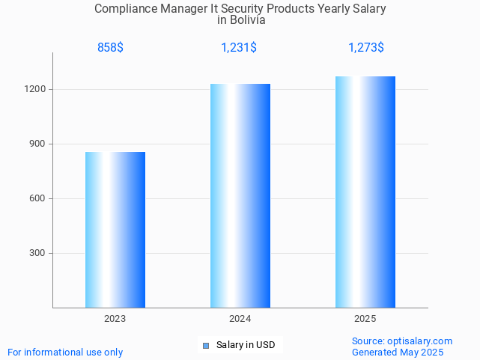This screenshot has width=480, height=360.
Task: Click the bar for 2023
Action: pyautogui.click(x=115, y=230)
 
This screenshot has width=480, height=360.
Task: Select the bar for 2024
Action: pyautogui.click(x=240, y=195)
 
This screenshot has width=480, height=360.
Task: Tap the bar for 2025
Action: pyautogui.click(x=365, y=192)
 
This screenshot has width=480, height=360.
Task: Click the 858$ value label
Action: pyautogui.click(x=110, y=48)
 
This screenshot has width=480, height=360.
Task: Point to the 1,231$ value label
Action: pyautogui.click(x=239, y=48)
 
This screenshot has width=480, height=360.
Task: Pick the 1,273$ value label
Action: pyautogui.click(x=366, y=48)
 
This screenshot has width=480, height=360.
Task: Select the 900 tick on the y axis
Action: pyautogui.click(x=38, y=144)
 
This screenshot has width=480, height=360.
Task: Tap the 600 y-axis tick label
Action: pyautogui.click(x=38, y=198)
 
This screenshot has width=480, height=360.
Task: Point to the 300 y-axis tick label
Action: pyautogui.click(x=38, y=253)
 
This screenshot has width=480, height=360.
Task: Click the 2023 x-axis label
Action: pyautogui.click(x=115, y=319)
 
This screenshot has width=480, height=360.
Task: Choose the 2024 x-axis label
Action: pyautogui.click(x=240, y=319)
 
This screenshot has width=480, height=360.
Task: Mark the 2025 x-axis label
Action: pyautogui.click(x=365, y=319)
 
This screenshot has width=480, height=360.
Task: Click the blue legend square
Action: pyautogui.click(x=206, y=345)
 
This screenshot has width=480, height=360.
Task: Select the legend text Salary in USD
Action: pyautogui.click(x=246, y=345)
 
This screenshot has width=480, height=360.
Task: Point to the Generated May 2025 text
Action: pyautogui.click(x=398, y=352)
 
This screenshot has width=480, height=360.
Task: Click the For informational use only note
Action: pyautogui.click(x=65, y=352)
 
